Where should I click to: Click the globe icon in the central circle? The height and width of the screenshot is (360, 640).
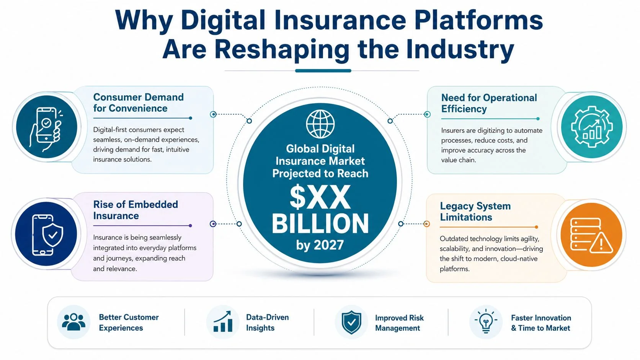coord(320,124)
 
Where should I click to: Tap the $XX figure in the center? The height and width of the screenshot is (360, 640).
coord(320,197)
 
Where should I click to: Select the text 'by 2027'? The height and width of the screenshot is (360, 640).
coord(320,245)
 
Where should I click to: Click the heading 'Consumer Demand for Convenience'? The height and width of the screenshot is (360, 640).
coord(139,103)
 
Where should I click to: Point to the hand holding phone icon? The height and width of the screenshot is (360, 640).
coord(46,129)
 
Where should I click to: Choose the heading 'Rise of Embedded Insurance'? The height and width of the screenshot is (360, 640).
coord(136,210)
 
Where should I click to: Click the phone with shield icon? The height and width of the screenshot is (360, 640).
coord(47,235)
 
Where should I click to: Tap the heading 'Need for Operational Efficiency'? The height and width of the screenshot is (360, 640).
coord(489,103)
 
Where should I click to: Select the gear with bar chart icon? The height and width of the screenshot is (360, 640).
coord(591,127)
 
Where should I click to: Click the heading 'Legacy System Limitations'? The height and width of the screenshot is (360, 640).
coord(475,212)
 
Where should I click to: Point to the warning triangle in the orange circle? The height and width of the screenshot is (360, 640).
coord(601,243)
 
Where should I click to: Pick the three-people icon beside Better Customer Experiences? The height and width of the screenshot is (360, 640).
coord(74,322)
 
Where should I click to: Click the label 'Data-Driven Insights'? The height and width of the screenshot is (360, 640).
coord(268,323)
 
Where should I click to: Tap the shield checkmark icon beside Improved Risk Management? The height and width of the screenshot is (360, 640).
coord(351,322)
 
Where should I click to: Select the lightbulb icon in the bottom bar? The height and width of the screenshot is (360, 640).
coord(486,321)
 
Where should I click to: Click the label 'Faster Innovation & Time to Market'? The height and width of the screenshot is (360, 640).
coord(541,323)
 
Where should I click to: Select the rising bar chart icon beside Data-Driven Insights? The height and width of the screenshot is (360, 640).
coord(222,322)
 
